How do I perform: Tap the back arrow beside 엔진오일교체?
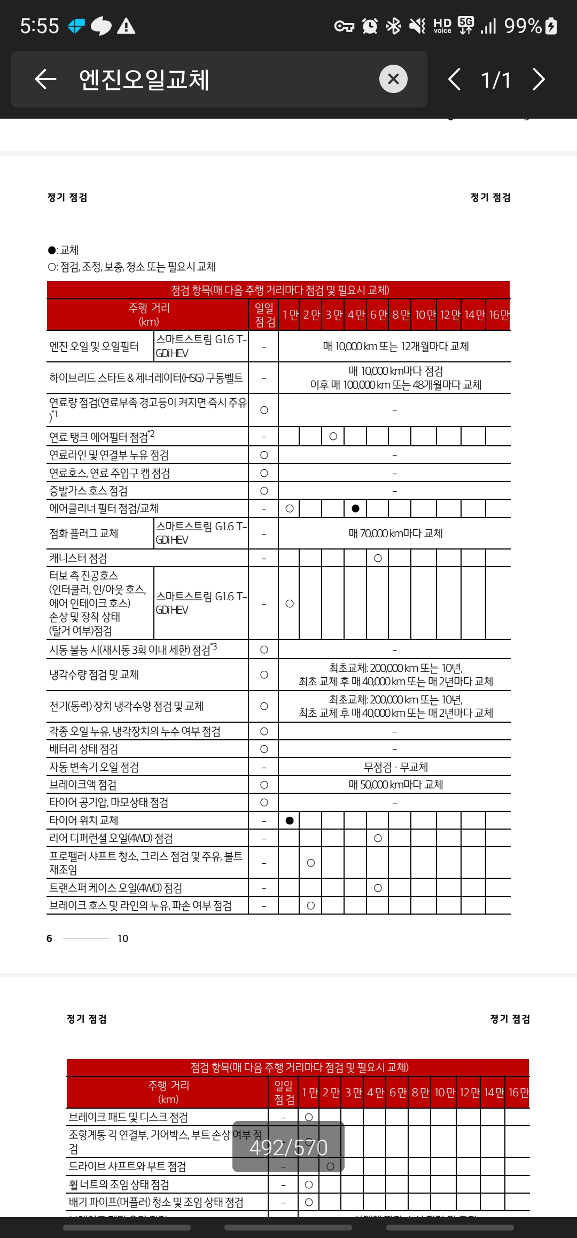click(45, 80)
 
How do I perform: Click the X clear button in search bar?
click(393, 79)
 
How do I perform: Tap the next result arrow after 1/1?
click(539, 80)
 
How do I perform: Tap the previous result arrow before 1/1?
click(454, 80)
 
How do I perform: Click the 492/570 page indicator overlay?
click(288, 1147)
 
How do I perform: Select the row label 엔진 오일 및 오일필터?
click(94, 346)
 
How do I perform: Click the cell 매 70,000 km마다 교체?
click(395, 533)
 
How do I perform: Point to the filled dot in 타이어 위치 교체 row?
click(290, 821)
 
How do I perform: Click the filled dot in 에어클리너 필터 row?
click(356, 508)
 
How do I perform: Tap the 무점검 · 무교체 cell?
click(395, 767)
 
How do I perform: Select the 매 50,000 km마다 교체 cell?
click(395, 785)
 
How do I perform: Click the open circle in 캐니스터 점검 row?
click(378, 558)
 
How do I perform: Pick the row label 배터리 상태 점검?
click(84, 749)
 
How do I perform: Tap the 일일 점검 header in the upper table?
click(264, 315)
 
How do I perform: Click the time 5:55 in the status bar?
click(40, 26)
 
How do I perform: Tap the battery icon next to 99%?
click(551, 26)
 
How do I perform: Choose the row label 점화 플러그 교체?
click(84, 533)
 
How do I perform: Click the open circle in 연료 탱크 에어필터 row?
click(333, 437)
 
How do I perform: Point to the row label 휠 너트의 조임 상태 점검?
click(119, 1185)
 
